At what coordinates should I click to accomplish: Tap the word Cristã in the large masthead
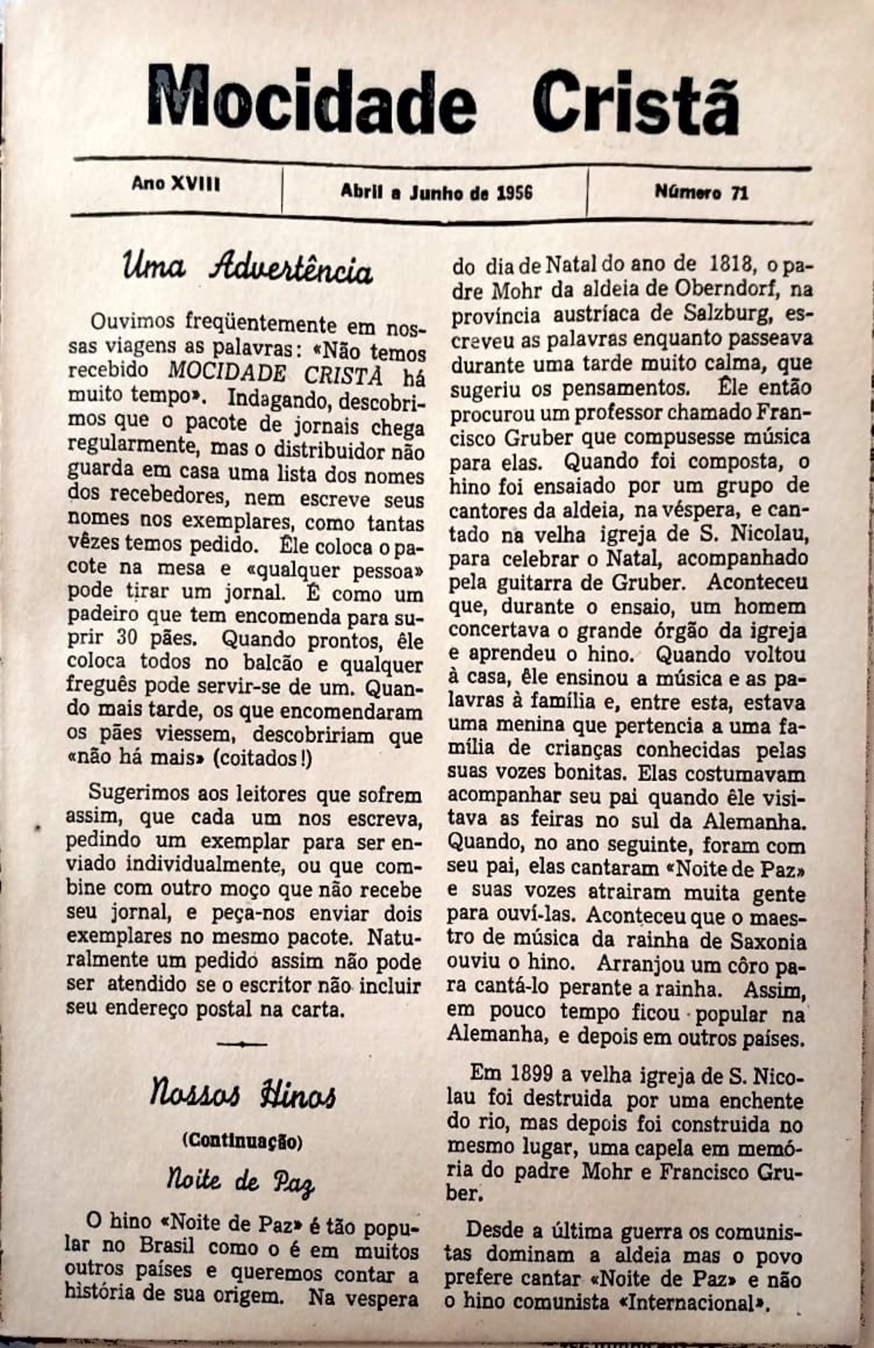pyautogui.click(x=635, y=104)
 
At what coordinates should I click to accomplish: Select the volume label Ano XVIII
pyautogui.click(x=176, y=184)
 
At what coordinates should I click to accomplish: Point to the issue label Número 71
pyautogui.click(x=701, y=192)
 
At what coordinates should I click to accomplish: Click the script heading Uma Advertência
pyautogui.click(x=247, y=268)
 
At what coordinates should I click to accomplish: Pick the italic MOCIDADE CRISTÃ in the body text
pyautogui.click(x=275, y=372)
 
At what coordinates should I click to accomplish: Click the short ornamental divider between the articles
pyautogui.click(x=242, y=1044)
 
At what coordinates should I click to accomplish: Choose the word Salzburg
pyautogui.click(x=726, y=314)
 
